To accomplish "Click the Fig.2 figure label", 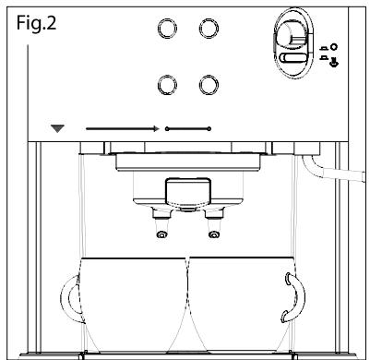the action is [36, 23].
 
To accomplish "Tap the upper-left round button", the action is [167, 29].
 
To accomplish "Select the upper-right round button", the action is [209, 29].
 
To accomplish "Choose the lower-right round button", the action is [209, 85].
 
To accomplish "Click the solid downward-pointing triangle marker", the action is [57, 128].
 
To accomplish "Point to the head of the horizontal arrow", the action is [157, 128].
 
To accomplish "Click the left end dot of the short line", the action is [167, 128].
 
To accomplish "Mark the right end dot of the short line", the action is [209, 128].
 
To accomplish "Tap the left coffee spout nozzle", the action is [161, 234].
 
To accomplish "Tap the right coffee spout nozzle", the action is [213, 234].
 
